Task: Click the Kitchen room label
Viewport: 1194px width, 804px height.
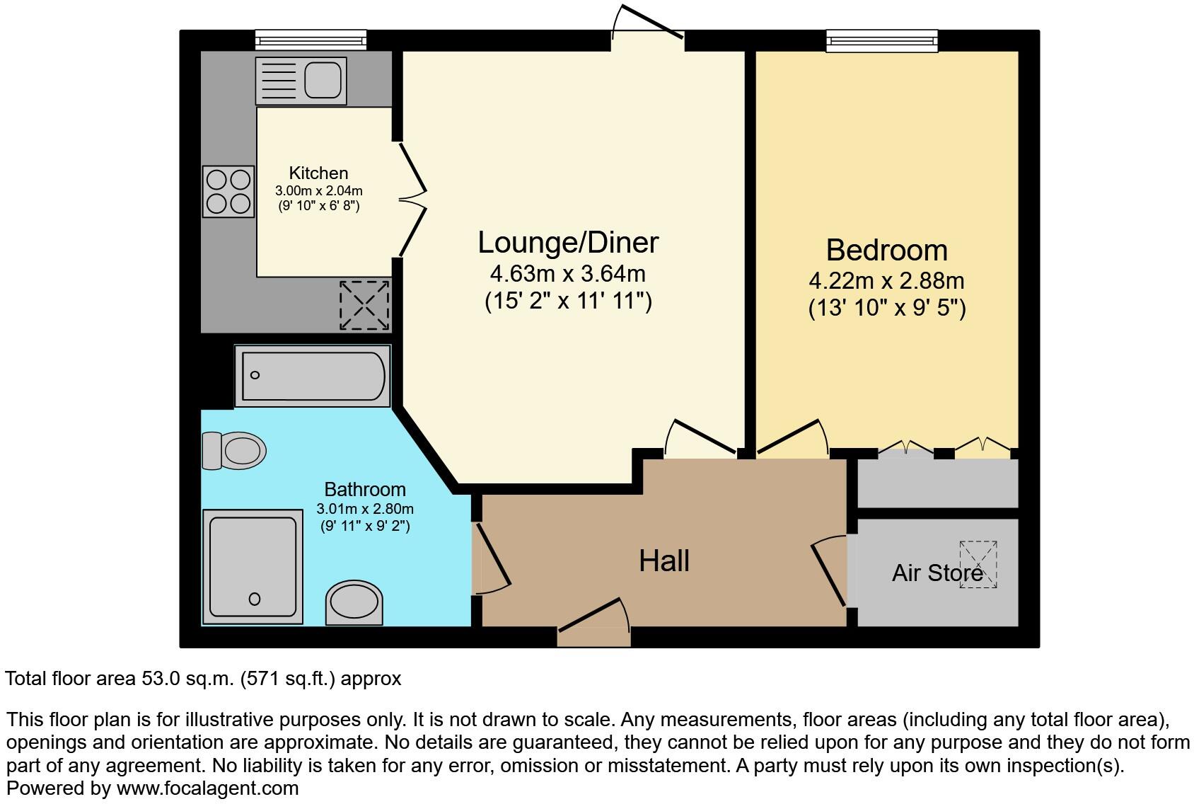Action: point(318,173)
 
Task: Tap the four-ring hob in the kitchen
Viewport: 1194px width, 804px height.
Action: point(228,191)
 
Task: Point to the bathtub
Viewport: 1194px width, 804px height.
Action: point(313,375)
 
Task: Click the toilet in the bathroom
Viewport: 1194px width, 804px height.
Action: point(234,450)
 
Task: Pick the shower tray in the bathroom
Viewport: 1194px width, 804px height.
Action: point(253,566)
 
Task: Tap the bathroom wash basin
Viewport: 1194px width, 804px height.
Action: point(354,603)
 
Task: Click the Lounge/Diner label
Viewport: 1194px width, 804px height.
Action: point(568,243)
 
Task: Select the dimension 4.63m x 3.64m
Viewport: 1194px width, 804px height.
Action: point(568,273)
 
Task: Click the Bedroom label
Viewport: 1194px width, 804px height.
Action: point(886,251)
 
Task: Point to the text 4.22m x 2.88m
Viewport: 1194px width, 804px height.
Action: point(886,281)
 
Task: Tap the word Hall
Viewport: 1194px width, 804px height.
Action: point(663,561)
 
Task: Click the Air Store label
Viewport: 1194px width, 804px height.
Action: point(937,573)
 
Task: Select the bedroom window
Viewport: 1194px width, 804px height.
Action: point(882,41)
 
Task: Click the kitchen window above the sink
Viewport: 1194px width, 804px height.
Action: point(311,40)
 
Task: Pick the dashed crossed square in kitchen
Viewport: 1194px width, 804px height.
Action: point(364,305)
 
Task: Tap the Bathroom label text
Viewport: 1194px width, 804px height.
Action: point(364,489)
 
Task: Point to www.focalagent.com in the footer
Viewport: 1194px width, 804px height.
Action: point(207,788)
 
